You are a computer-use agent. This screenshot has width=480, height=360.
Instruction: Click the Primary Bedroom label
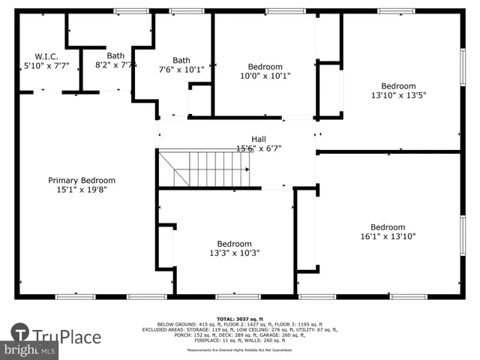click(82, 180)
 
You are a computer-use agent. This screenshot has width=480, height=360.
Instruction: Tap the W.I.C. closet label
click(41, 55)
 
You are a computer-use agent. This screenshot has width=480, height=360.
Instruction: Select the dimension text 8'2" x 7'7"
click(115, 66)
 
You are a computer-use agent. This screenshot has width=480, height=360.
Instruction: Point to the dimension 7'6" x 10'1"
click(181, 70)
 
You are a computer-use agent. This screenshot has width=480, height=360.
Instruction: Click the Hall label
click(258, 139)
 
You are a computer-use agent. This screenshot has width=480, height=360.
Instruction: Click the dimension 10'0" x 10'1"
click(265, 76)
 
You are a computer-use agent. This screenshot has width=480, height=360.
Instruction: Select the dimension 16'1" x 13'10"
click(388, 236)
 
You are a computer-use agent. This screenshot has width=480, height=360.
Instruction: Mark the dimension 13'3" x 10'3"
click(234, 253)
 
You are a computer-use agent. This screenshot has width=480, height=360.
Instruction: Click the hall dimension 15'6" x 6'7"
click(258, 148)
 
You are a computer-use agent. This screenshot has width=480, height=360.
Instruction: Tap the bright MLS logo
click(30, 350)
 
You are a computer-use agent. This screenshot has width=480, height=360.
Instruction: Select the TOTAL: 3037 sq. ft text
click(239, 319)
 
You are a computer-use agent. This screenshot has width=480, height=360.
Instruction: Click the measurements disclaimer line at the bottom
click(239, 349)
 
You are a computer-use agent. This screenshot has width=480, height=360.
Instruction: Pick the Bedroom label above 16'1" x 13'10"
click(388, 227)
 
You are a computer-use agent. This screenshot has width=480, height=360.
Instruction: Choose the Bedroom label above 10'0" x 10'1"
click(265, 66)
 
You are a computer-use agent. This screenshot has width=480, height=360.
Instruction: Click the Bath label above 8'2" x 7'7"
click(115, 55)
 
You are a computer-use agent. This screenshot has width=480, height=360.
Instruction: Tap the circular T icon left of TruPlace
click(21, 333)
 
